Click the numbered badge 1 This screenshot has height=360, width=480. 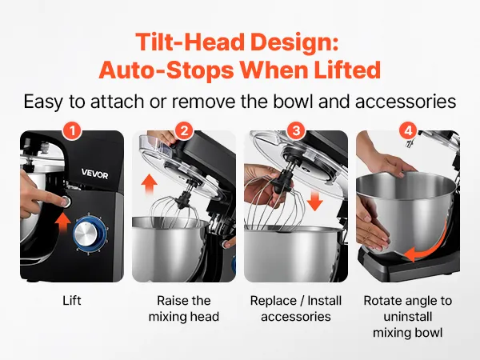tap(72, 131)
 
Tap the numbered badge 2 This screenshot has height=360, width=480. tap(184, 131)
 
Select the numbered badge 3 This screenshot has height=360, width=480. tap(296, 131)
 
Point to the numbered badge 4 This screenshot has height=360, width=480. tap(408, 131)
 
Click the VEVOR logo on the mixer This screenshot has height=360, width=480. tap(94, 174)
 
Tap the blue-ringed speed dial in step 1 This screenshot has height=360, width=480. tap(90, 234)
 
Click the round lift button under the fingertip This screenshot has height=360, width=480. tap(66, 202)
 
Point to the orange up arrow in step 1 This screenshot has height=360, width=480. tap(62, 223)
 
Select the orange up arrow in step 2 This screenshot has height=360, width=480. tap(150, 184)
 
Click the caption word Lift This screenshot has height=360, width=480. tap(72, 301)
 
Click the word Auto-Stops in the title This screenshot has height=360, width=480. tap(166, 70)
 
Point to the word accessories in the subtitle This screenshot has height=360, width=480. tap(406, 102)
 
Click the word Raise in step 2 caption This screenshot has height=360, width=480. tap(170, 301)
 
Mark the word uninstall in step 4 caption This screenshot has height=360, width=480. tap(408, 317)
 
